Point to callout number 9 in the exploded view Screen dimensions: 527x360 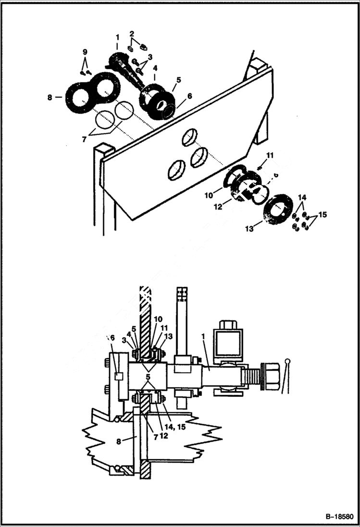(x=85, y=51)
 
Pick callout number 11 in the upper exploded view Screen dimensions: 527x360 (x=270, y=155)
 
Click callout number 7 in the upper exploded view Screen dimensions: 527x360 (x=85, y=139)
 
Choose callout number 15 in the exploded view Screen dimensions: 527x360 (x=322, y=214)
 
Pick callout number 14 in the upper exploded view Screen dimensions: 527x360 (x=302, y=197)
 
